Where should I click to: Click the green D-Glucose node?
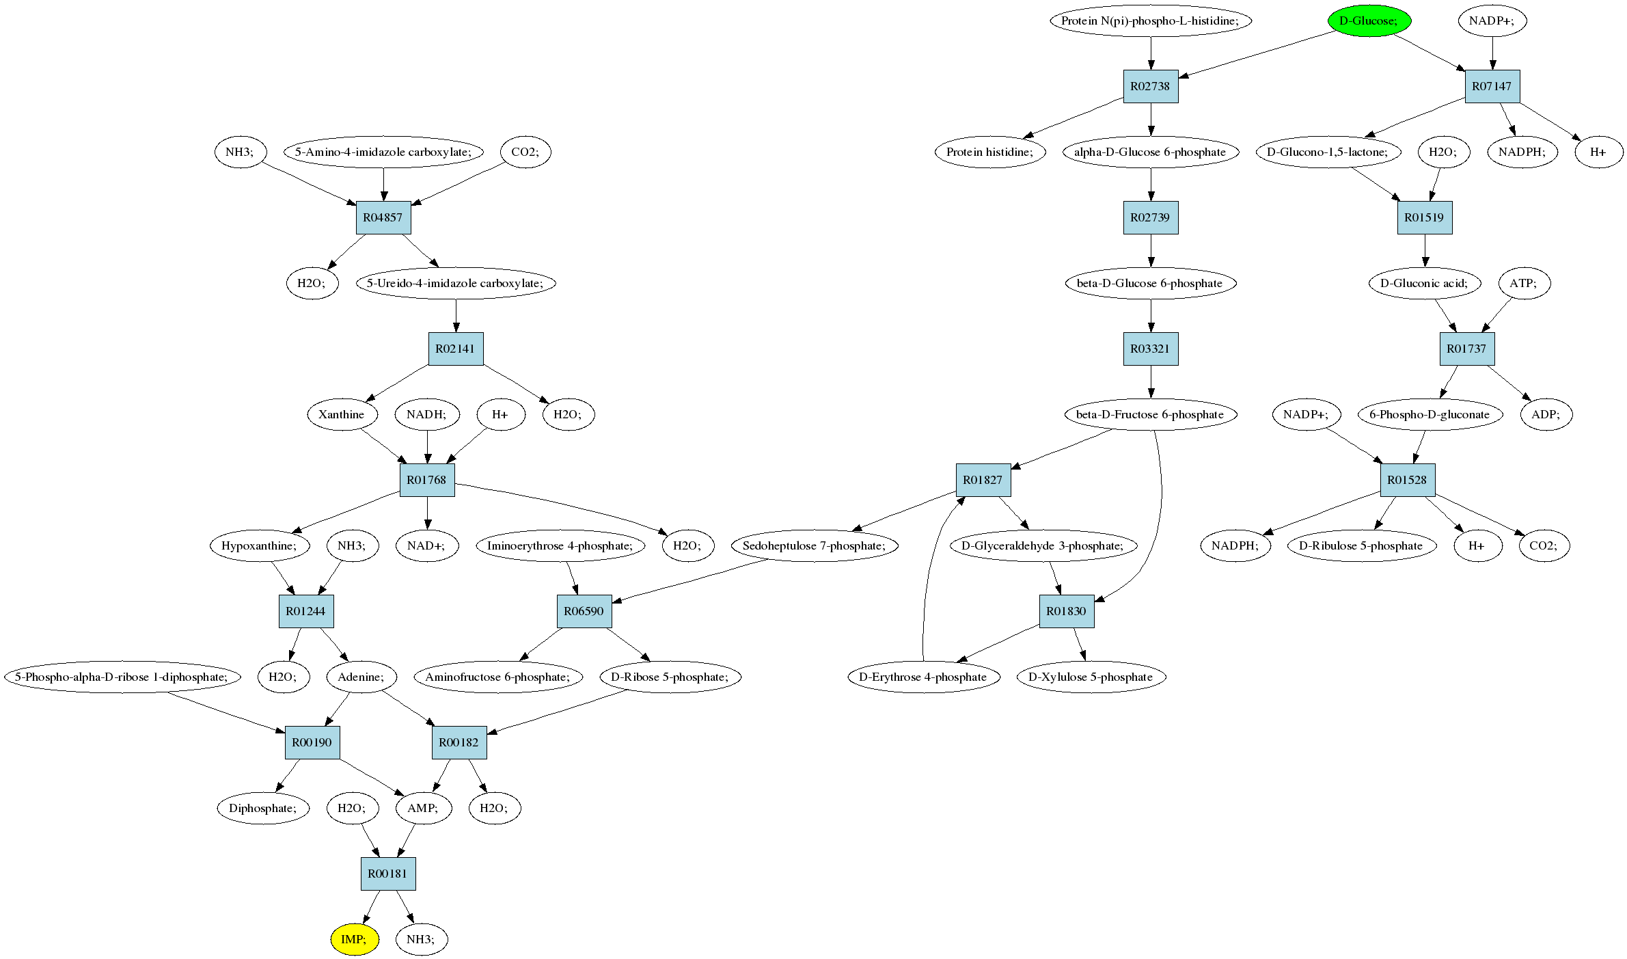coord(1369,21)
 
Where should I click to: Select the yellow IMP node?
coord(354,939)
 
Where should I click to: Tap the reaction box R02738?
coord(1151,86)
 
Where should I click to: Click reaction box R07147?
coord(1492,86)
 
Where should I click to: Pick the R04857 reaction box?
coord(383,217)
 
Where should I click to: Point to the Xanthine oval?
coord(342,414)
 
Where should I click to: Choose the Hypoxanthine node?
coord(260,545)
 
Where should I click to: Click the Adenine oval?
coord(361,677)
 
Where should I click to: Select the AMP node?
coord(424,808)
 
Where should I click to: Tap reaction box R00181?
coord(388,874)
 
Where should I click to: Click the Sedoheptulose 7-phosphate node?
coord(815,545)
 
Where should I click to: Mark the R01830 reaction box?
coord(1067,611)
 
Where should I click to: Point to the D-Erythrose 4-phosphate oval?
coord(923,677)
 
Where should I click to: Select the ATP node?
coord(1524,283)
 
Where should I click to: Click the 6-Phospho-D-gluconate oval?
coord(1430,414)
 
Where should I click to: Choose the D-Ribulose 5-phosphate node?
coord(1361,545)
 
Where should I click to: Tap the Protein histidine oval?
coord(990,152)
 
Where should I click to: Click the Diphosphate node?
coord(263,808)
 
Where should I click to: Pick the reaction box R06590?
coord(584,611)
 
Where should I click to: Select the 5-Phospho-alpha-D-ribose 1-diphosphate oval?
coord(124,677)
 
